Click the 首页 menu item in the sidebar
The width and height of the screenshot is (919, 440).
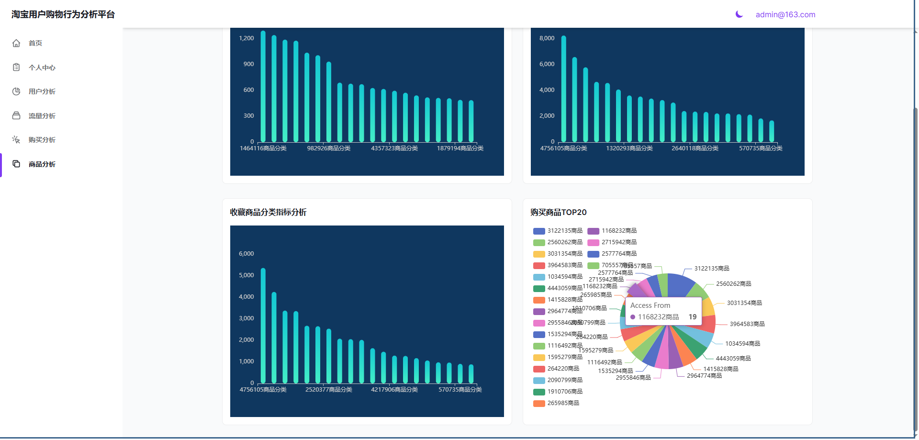35,43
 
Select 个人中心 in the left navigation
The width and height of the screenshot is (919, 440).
42,68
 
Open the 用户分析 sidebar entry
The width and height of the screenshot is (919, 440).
42,91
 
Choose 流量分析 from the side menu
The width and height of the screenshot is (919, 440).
42,116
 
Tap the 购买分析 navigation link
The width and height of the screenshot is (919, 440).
42,140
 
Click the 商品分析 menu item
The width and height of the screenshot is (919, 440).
42,164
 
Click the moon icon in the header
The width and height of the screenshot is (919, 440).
739,14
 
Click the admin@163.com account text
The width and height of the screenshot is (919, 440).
785,14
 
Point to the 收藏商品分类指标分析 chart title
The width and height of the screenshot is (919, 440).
268,212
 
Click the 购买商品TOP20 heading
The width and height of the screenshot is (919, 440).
558,212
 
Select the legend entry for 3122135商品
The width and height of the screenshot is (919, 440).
558,231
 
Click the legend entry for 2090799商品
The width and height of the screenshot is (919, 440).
558,380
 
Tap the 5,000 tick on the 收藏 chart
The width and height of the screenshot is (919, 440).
246,275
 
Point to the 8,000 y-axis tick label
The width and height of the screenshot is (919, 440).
547,38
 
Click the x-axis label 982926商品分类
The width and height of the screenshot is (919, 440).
328,148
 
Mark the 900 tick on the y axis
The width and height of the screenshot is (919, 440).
248,64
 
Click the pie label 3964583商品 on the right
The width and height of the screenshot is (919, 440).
747,324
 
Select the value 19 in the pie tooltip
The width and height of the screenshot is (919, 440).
692,317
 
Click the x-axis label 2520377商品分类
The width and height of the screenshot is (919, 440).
328,390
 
